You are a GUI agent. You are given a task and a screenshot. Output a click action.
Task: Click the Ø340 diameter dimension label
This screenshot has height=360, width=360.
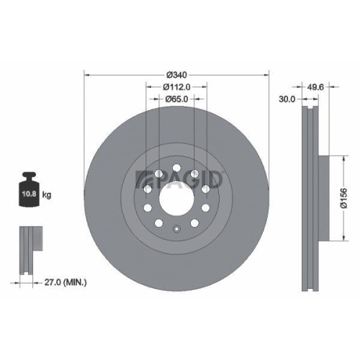click(176, 74)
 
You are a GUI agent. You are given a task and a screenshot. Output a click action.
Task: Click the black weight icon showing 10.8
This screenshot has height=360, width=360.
click(29, 190)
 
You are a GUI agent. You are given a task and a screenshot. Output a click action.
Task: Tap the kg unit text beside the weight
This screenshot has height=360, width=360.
click(46, 195)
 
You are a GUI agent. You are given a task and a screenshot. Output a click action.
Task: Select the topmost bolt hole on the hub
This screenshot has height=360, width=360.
click(176, 165)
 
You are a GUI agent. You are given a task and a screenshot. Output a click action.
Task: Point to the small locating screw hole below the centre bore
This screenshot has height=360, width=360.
click(176, 229)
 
